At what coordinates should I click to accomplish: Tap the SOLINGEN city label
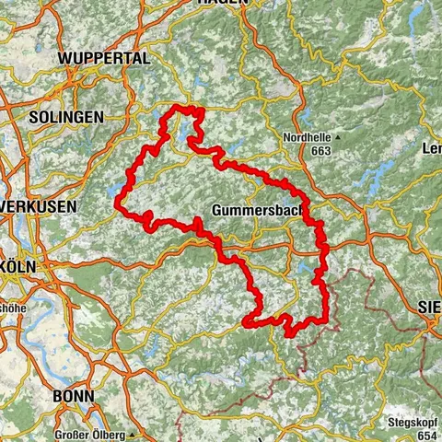[x=65, y=118]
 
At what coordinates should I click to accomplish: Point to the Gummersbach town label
[x=255, y=210]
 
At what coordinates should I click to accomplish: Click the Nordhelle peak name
[x=308, y=138]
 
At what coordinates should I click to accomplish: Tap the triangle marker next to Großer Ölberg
[x=133, y=434]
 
